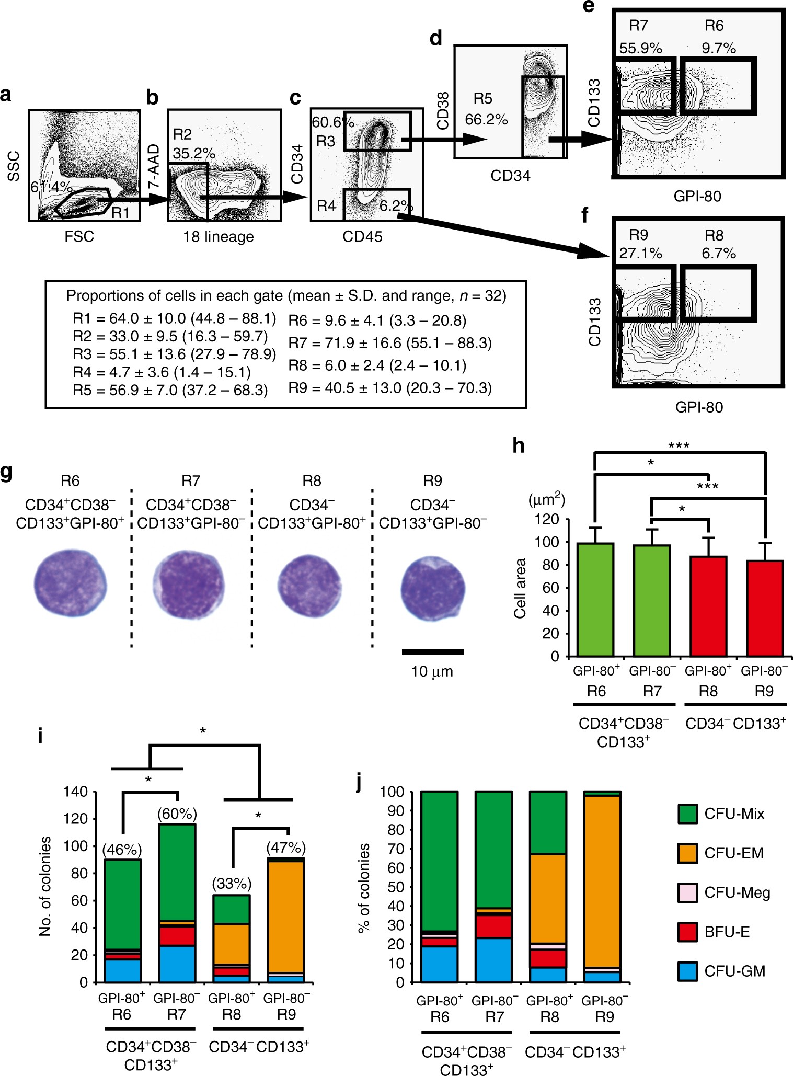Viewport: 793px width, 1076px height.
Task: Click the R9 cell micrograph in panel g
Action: [x=433, y=587]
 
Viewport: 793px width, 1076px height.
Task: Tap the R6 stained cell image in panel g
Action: [x=70, y=585]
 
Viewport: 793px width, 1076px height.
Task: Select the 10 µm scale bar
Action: [x=433, y=652]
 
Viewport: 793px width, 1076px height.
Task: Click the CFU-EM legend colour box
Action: [x=687, y=853]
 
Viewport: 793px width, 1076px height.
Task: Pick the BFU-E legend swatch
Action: [x=687, y=932]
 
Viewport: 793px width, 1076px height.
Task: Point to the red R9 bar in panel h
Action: [x=765, y=608]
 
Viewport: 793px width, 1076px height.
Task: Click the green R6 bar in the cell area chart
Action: [x=595, y=599]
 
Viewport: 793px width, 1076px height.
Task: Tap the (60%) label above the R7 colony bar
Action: [x=177, y=814]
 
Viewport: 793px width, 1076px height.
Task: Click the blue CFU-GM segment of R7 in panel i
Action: [x=177, y=964]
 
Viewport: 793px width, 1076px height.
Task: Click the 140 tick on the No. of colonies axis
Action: [x=75, y=792]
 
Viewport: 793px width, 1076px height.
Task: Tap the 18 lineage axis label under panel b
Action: [x=219, y=237]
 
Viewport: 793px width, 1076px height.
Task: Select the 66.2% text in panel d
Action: [x=486, y=120]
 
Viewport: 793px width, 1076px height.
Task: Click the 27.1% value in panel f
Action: [x=640, y=254]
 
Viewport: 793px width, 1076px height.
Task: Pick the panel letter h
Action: [x=518, y=446]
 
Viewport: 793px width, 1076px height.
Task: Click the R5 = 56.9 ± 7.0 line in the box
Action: [x=170, y=390]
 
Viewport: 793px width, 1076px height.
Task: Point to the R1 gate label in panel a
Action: [x=120, y=212]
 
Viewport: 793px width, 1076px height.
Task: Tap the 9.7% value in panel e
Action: [x=719, y=49]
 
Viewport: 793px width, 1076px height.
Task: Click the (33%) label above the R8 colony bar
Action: [x=232, y=884]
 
